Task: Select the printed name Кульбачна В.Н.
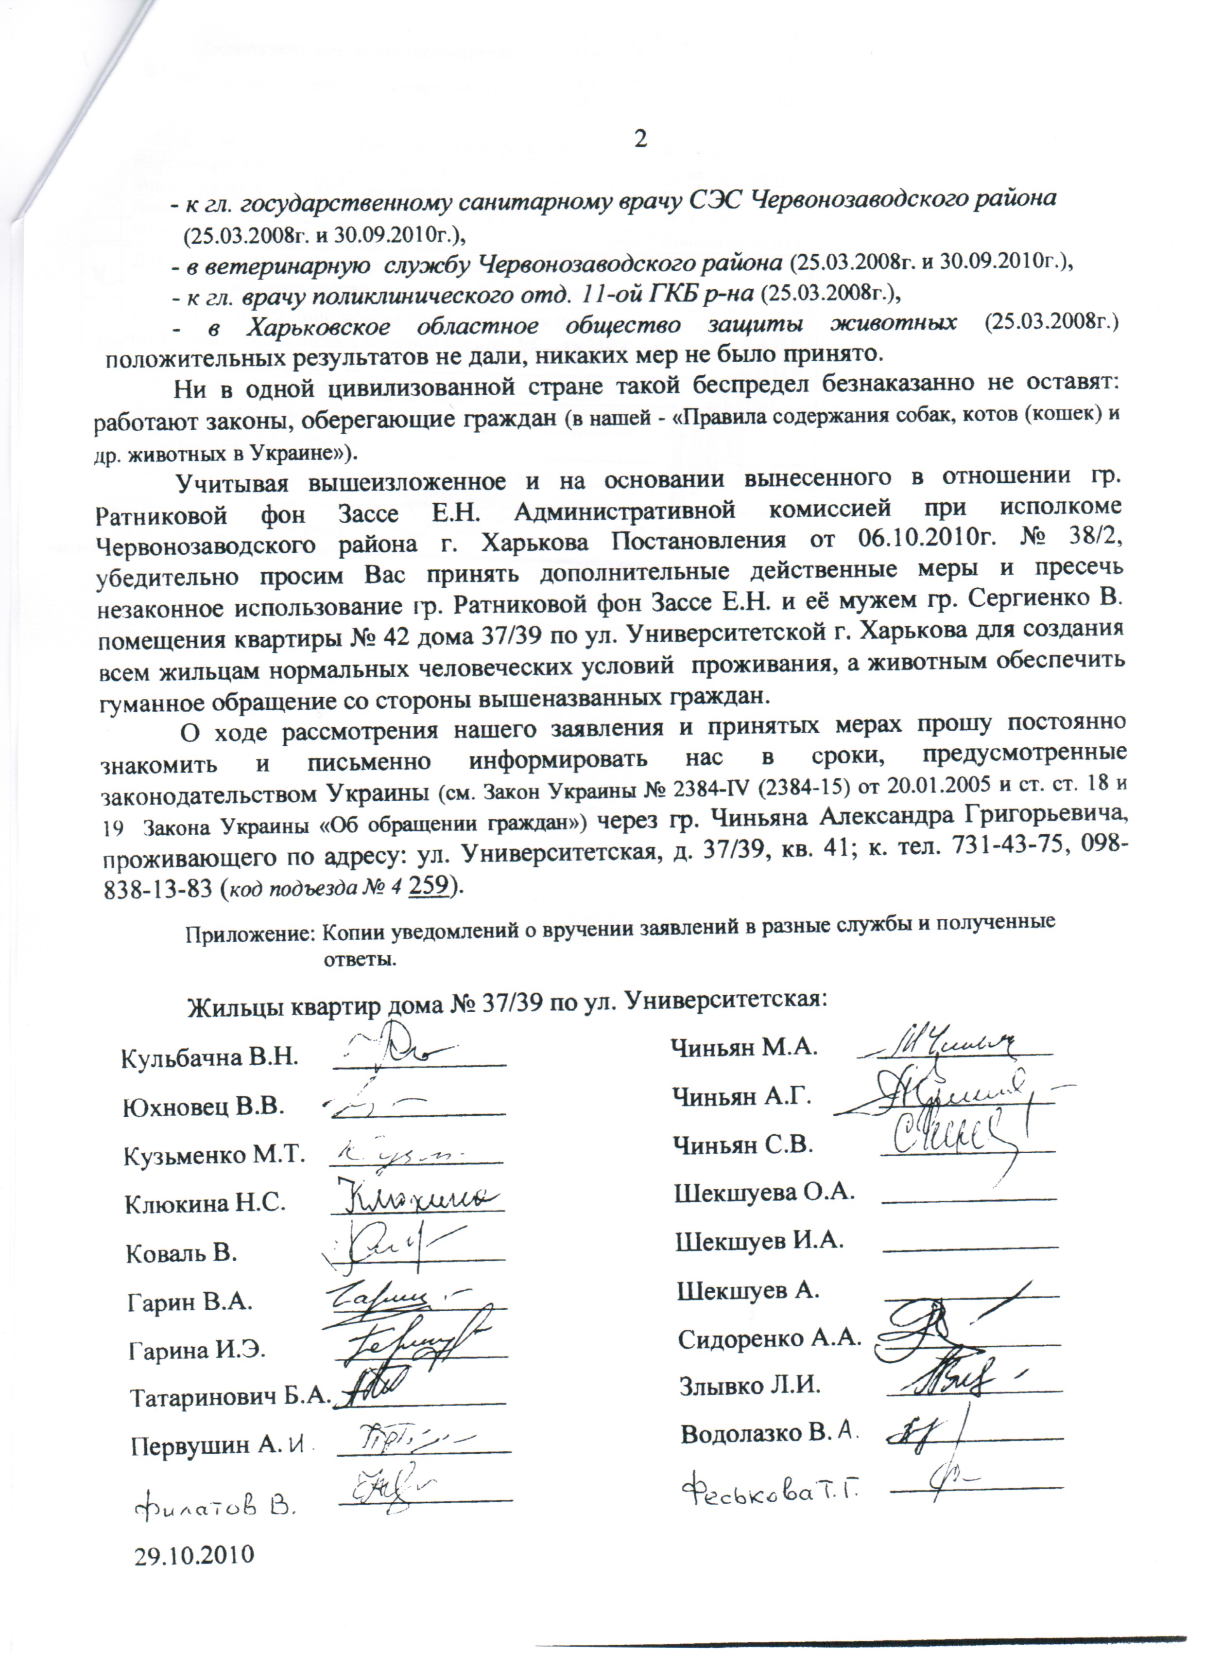tap(209, 1058)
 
